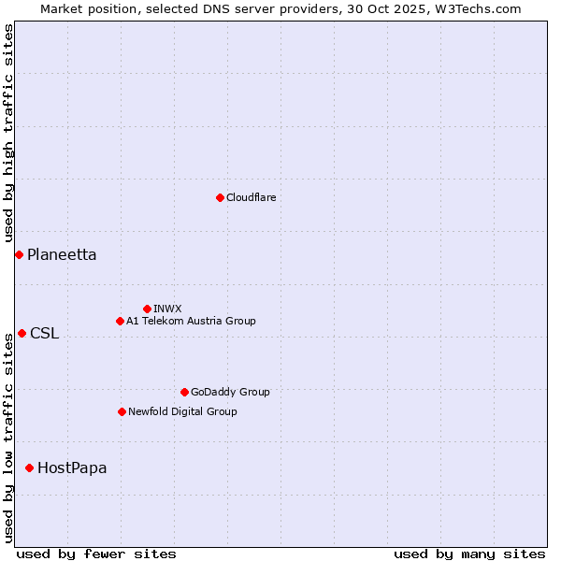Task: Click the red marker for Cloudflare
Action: tap(220, 197)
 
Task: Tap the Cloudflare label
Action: tap(252, 197)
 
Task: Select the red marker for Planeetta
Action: tap(19, 254)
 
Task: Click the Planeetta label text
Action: tap(62, 255)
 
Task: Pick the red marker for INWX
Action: tap(147, 309)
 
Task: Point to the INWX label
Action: tap(168, 309)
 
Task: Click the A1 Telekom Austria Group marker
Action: tap(120, 321)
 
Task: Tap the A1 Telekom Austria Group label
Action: tap(191, 321)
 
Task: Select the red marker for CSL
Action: tap(22, 333)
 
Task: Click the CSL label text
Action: tap(44, 334)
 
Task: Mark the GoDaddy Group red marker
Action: tap(184, 392)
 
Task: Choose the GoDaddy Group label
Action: tap(230, 392)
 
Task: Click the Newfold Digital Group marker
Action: tap(122, 411)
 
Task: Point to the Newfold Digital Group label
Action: tap(182, 411)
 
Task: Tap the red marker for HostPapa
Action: tap(30, 467)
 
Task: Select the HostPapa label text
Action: tap(72, 468)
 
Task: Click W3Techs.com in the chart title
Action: tap(480, 8)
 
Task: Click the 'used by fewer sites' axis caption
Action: tap(96, 554)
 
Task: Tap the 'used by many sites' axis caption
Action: tap(469, 554)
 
